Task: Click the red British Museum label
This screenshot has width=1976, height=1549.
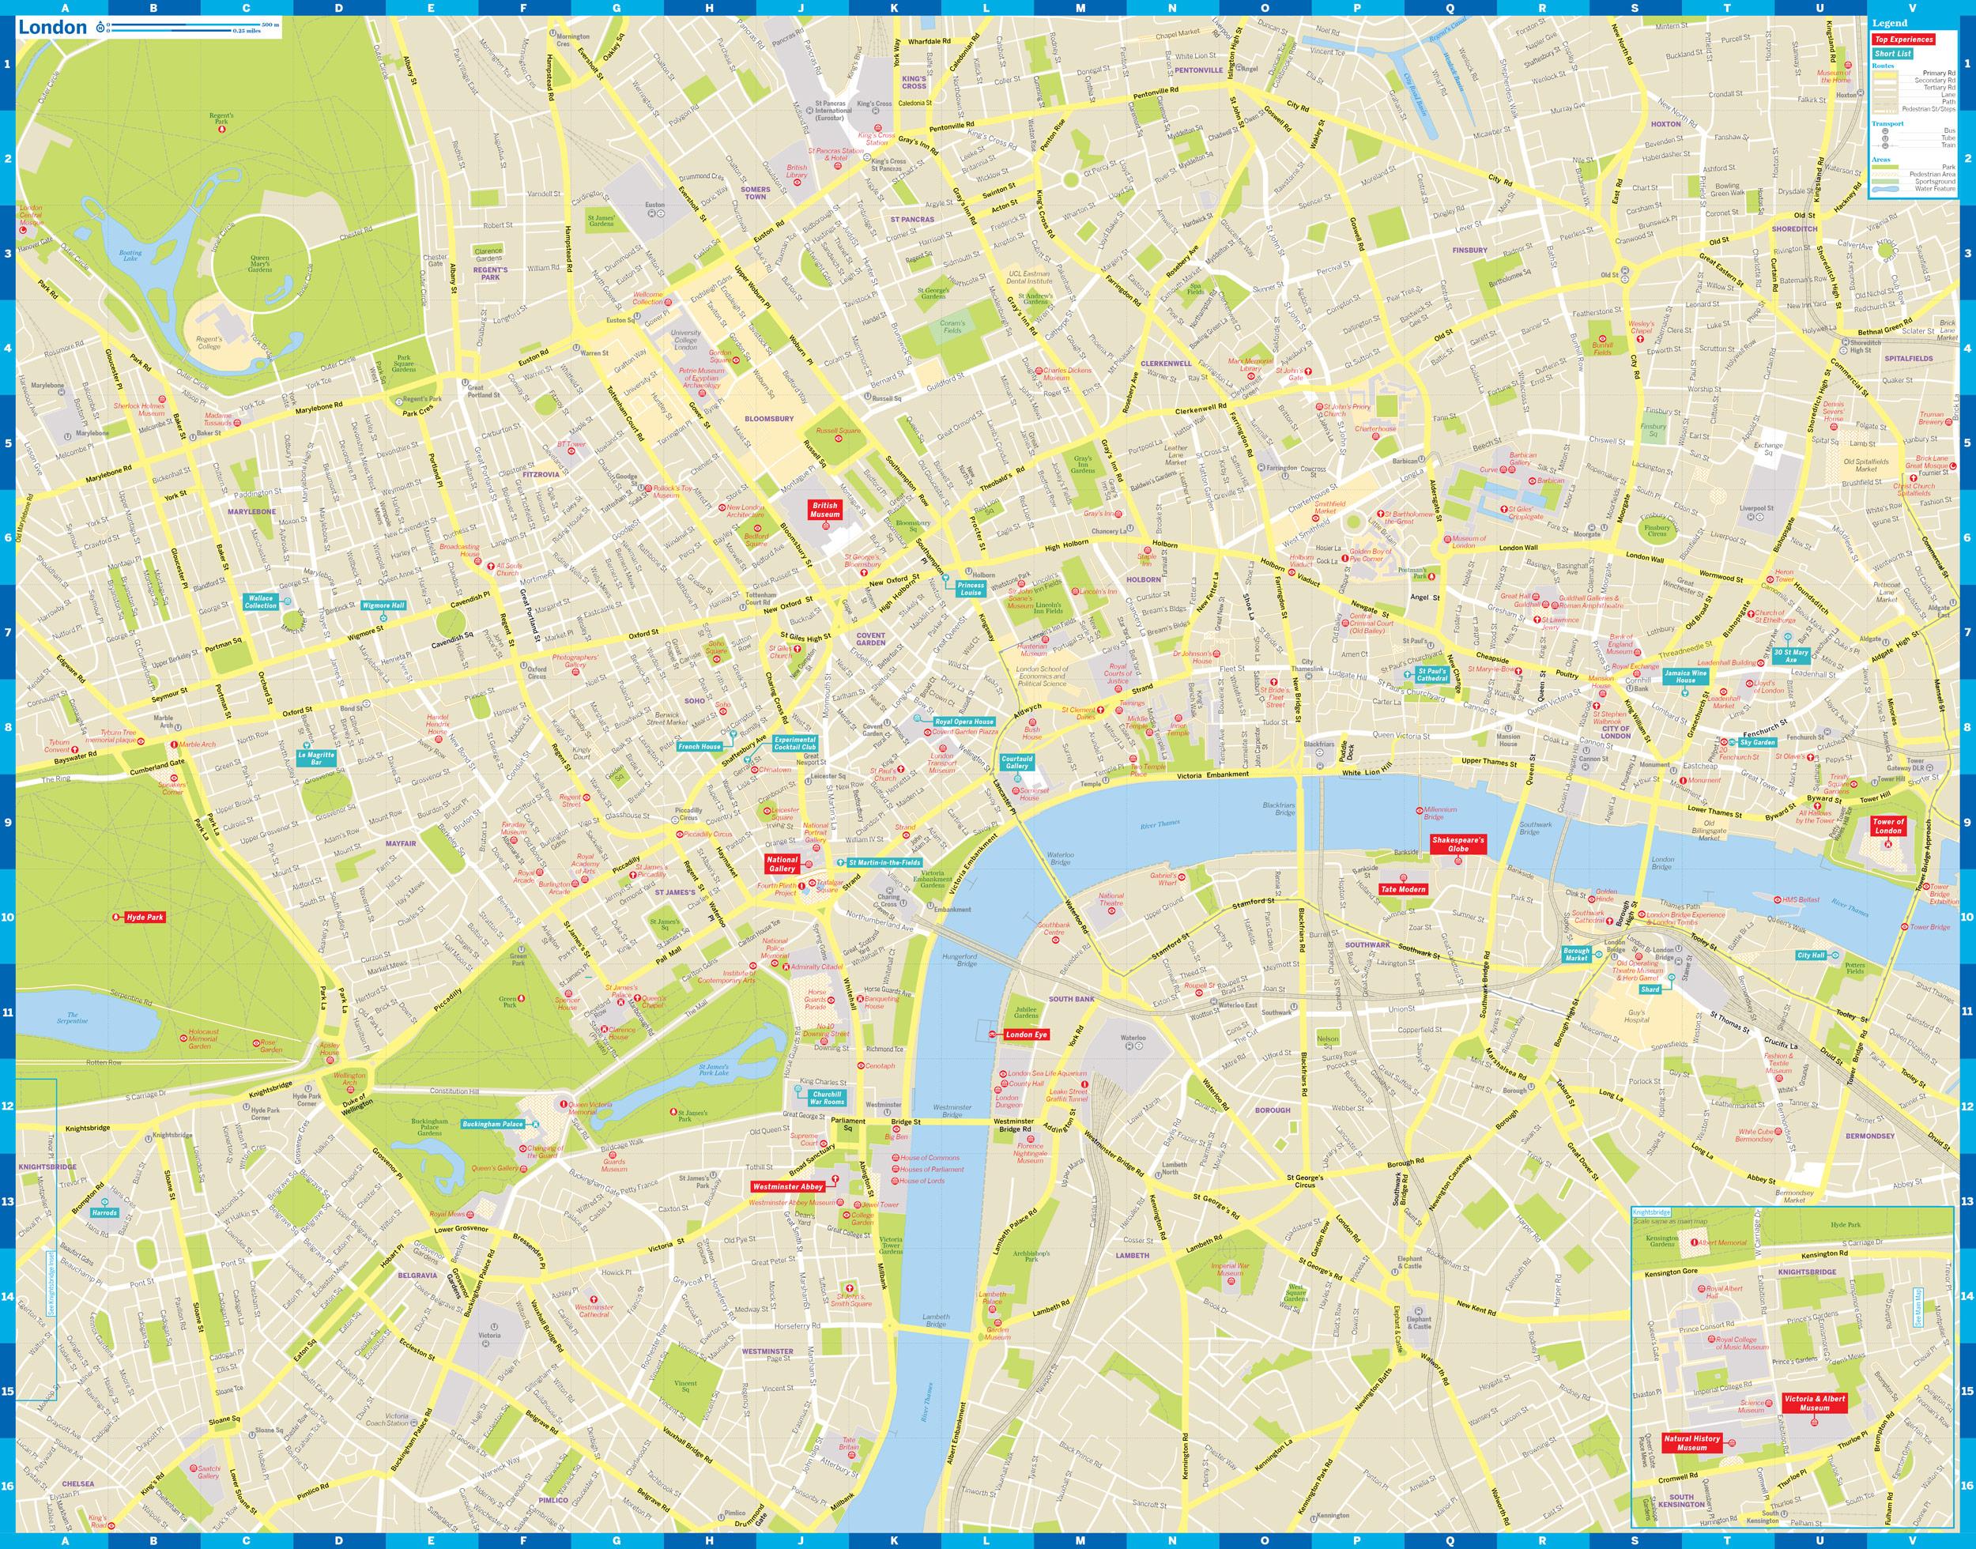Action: (x=825, y=510)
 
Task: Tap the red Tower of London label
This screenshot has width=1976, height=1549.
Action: (x=1888, y=826)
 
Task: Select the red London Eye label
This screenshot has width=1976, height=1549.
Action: (x=1026, y=1034)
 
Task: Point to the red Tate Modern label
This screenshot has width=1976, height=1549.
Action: (x=1403, y=890)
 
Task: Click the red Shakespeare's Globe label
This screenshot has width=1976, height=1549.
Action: (x=1458, y=844)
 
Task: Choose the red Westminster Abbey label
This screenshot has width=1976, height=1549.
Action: (x=787, y=1186)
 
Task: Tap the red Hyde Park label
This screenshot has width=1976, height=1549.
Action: (x=144, y=918)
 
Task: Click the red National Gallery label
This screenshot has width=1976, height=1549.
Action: (x=782, y=863)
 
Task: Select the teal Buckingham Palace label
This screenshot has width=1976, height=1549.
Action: (x=492, y=1125)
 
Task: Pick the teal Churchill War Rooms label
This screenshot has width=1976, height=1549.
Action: (x=827, y=1099)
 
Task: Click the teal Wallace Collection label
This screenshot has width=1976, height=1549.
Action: (x=260, y=601)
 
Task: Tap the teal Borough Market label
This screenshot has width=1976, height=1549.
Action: (x=1577, y=955)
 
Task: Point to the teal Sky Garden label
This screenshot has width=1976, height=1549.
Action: (x=1757, y=743)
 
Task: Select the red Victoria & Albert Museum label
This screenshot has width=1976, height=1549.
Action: (x=1814, y=1403)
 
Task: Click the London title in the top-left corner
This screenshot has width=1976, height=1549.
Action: (x=53, y=27)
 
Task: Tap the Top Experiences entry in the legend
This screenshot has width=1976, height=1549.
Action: (x=1903, y=40)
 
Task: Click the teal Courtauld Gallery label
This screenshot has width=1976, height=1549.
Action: (x=1016, y=762)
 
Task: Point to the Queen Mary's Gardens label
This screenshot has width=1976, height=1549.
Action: (x=259, y=264)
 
